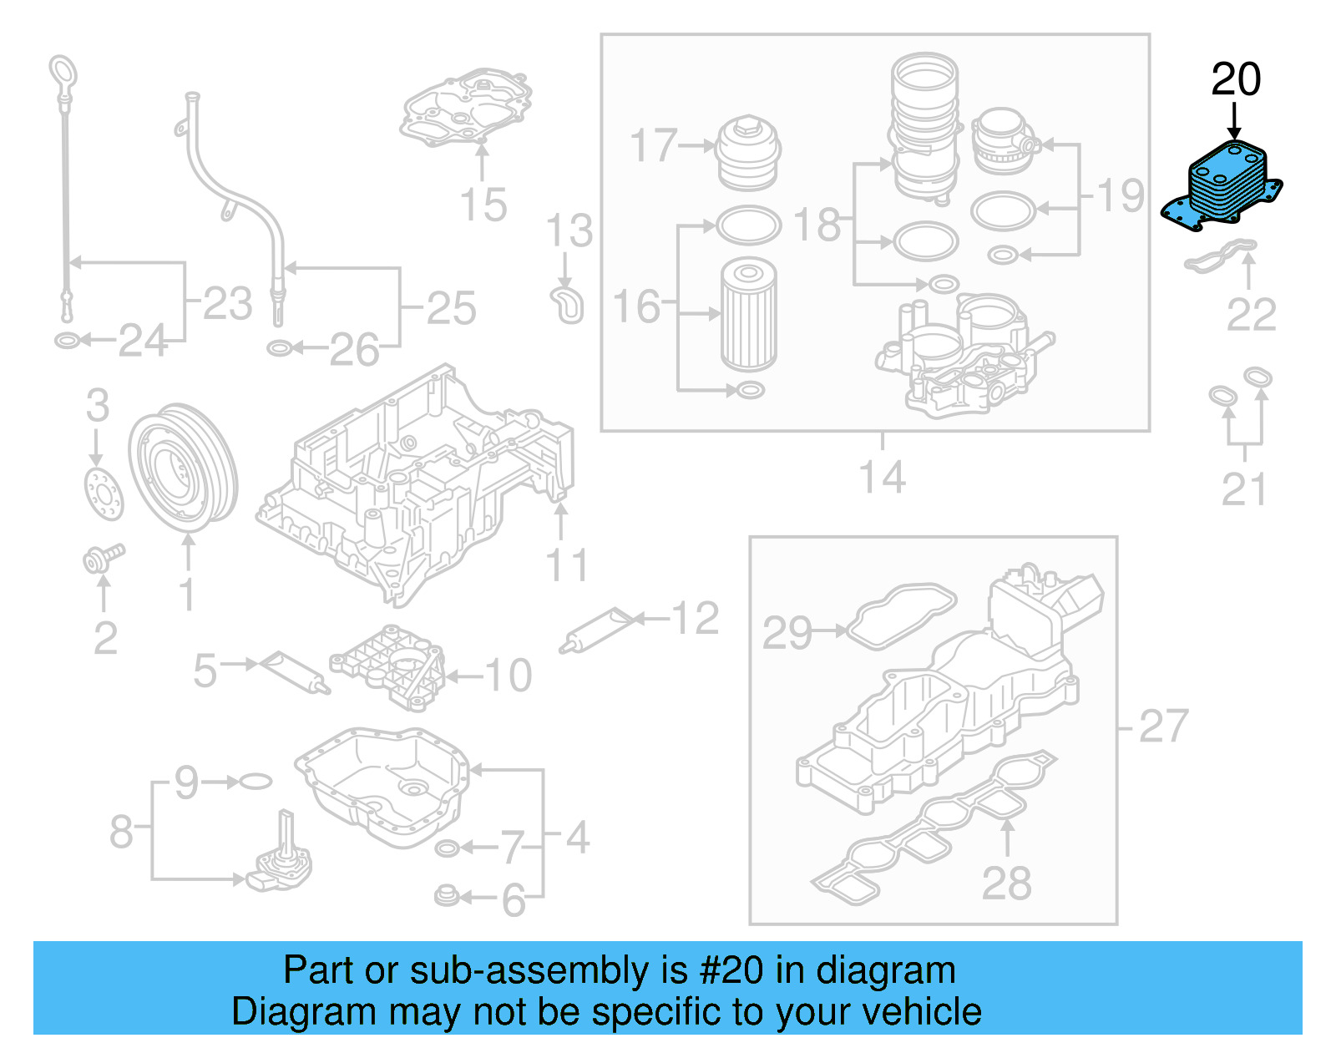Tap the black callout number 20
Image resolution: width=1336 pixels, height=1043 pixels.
1235,80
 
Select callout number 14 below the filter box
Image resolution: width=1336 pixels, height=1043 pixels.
882,478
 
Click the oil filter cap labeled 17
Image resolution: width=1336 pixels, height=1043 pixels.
748,154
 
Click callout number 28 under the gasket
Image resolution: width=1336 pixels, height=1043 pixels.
1006,884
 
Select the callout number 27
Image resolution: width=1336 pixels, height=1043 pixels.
1163,726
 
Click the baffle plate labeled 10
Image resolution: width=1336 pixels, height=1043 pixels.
388,668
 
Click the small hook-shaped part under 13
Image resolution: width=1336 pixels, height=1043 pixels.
568,305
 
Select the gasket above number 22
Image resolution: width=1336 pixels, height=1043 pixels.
1220,256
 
